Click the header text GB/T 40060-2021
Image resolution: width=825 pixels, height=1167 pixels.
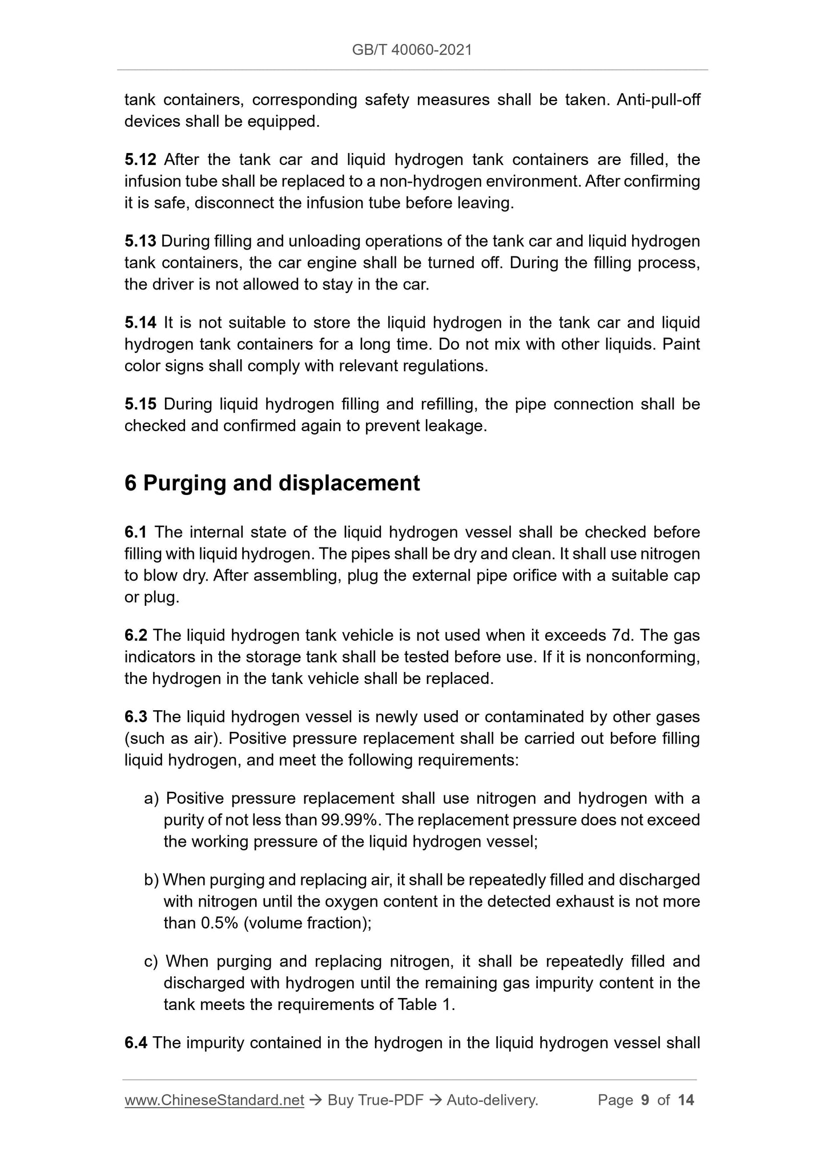pyautogui.click(x=412, y=50)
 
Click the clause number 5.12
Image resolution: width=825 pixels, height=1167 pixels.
pyautogui.click(x=140, y=159)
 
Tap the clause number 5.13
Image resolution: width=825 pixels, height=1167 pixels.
pyautogui.click(x=140, y=241)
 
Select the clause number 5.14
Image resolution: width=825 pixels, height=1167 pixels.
pyautogui.click(x=140, y=323)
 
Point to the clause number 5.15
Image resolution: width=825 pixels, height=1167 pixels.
pyautogui.click(x=140, y=404)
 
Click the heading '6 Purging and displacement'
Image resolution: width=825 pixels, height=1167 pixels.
pyautogui.click(x=272, y=483)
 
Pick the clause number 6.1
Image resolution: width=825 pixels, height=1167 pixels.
pyautogui.click(x=135, y=532)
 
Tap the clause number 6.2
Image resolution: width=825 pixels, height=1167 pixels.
pyautogui.click(x=136, y=635)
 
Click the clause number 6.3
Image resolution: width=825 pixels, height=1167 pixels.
pyautogui.click(x=136, y=717)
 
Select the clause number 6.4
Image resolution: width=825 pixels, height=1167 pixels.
pyautogui.click(x=136, y=1043)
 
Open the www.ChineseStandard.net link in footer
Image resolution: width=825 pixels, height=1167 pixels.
pyautogui.click(x=214, y=1100)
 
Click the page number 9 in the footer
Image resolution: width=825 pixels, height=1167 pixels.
pyautogui.click(x=645, y=1100)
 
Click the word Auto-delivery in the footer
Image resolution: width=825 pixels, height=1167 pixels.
pyautogui.click(x=492, y=1100)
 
